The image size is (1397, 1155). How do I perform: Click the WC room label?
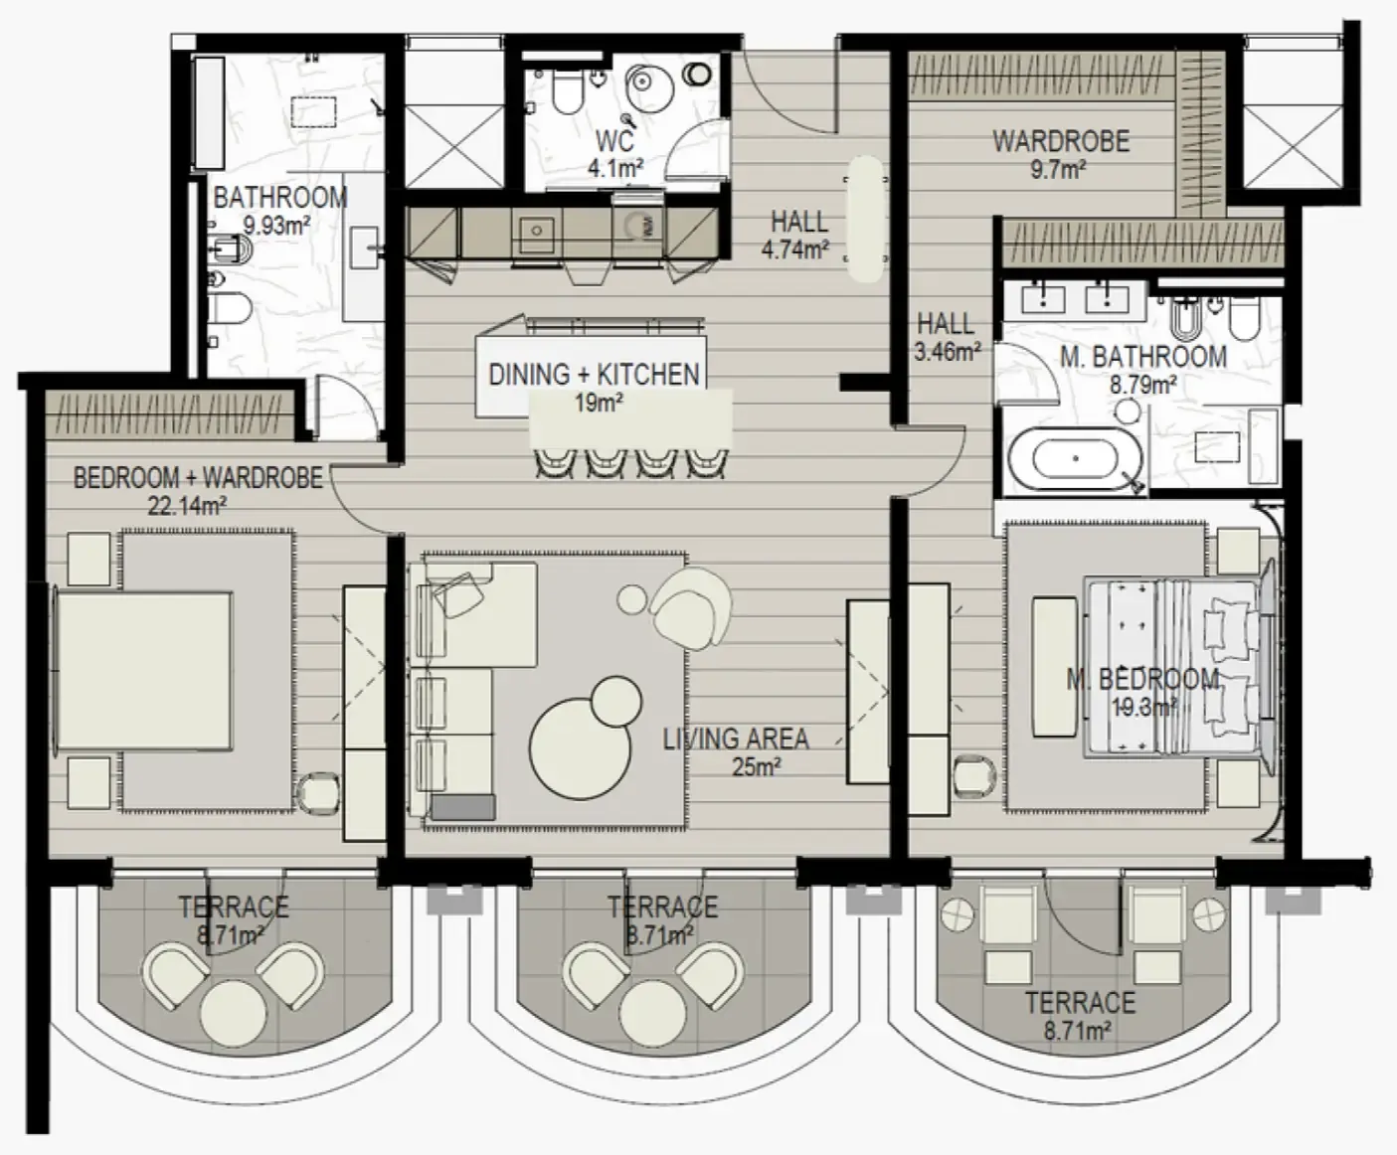615,141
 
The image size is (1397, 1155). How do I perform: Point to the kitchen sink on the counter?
537,231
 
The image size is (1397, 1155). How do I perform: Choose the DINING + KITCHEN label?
594,375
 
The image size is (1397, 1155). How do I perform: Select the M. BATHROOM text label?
1142,357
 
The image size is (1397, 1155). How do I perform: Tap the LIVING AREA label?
736,739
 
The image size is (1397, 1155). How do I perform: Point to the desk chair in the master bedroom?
971,774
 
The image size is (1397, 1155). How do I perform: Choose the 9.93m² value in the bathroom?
276,226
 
